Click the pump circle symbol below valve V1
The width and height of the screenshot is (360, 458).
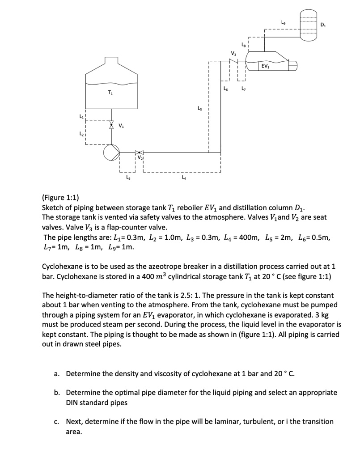(111, 153)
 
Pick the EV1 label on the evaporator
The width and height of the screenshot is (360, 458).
(265, 67)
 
